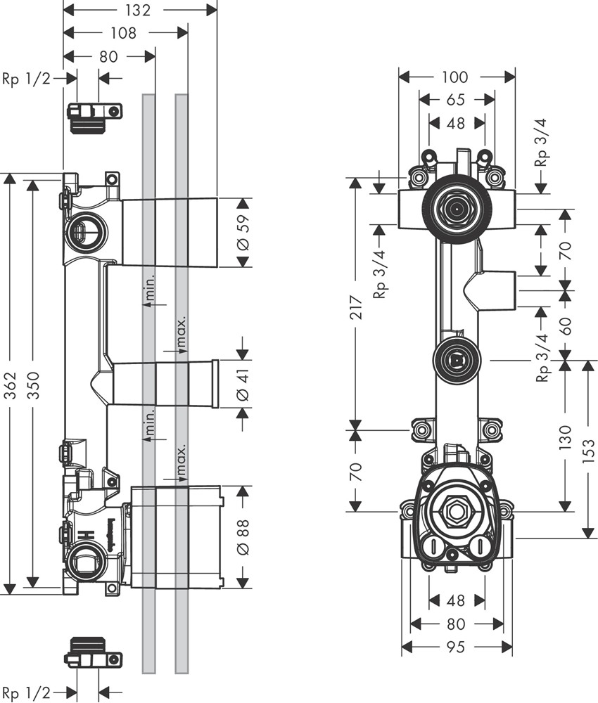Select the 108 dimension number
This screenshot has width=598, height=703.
pyautogui.click(x=123, y=32)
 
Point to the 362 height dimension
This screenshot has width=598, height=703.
pyautogui.click(x=10, y=384)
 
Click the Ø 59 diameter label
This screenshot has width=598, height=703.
pyautogui.click(x=243, y=233)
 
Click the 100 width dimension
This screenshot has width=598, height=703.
pyautogui.click(x=456, y=77)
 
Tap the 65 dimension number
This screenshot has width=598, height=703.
pyautogui.click(x=456, y=100)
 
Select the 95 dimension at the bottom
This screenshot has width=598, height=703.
pyautogui.click(x=456, y=647)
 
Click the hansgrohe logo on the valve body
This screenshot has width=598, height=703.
pyautogui.click(x=110, y=532)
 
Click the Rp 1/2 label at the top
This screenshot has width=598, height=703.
pyautogui.click(x=26, y=79)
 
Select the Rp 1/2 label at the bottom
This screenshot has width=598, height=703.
pyautogui.click(x=26, y=693)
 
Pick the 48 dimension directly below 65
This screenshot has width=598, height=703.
pyautogui.click(x=456, y=123)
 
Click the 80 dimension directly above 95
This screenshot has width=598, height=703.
pyautogui.click(x=456, y=624)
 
